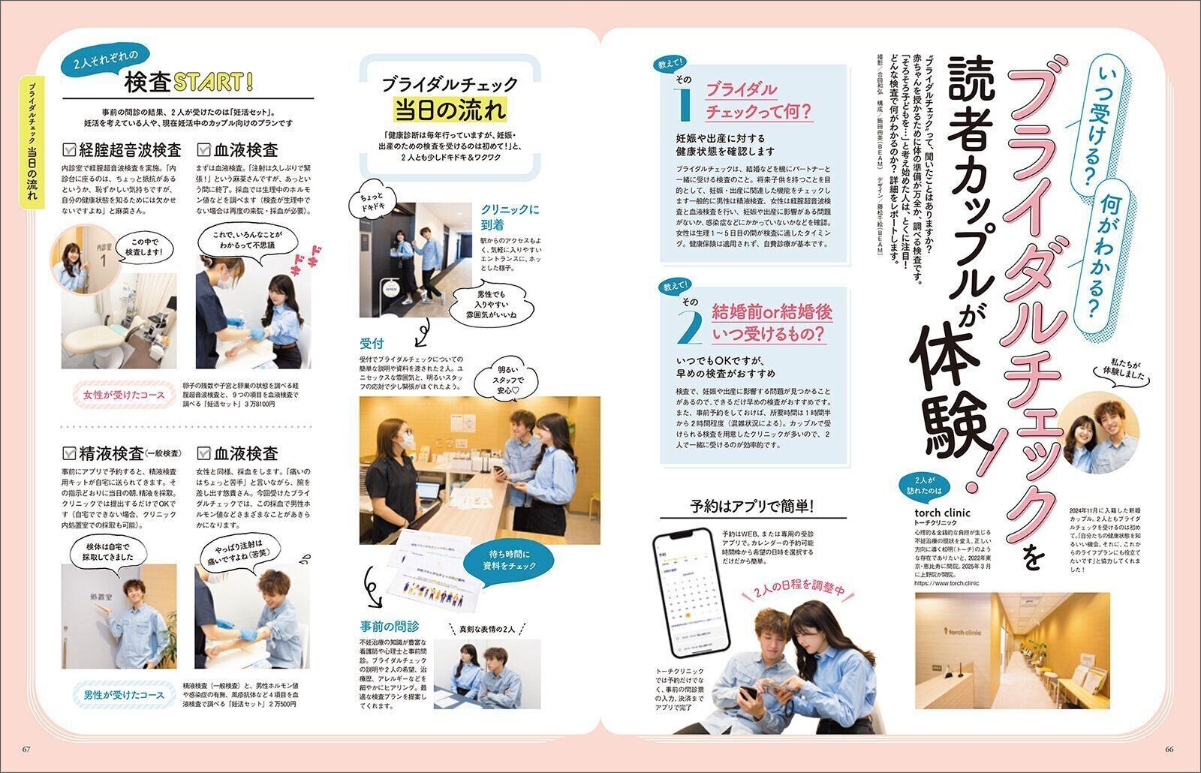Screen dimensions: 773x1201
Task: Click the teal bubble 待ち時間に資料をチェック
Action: tap(509, 560)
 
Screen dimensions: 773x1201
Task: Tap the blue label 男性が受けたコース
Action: tap(120, 695)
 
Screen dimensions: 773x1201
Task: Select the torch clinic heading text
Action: tap(943, 513)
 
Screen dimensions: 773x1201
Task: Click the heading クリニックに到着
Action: tap(510, 217)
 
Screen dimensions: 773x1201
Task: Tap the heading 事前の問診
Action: tap(390, 626)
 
